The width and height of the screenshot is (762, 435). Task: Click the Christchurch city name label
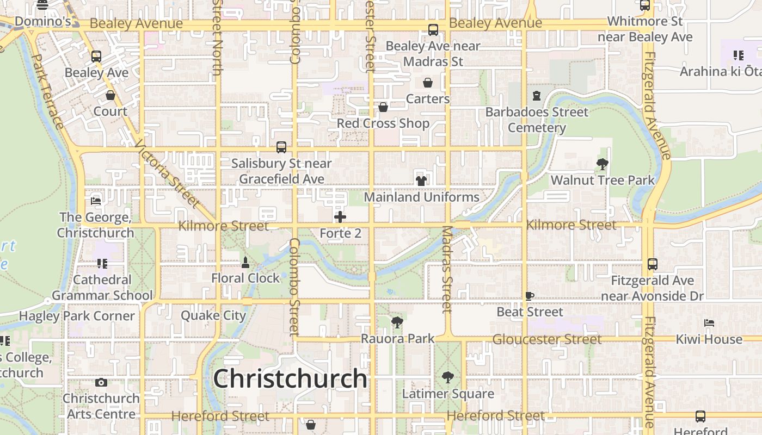tap(290, 378)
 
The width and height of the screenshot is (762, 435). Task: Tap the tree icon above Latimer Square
tap(447, 377)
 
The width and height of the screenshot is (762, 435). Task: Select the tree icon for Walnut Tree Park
tap(602, 164)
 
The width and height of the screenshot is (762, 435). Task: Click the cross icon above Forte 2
tap(340, 217)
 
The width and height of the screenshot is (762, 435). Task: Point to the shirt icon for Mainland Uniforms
tap(421, 181)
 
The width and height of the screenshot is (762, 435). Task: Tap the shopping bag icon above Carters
tap(428, 83)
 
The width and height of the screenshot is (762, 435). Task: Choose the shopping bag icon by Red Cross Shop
tap(383, 107)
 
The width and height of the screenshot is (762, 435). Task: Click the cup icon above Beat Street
tap(530, 296)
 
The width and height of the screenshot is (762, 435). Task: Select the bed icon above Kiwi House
tap(709, 323)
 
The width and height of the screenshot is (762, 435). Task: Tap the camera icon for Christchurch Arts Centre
tap(101, 382)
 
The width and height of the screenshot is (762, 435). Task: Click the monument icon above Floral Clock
tap(245, 263)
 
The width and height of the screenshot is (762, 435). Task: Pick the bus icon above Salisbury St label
tap(281, 147)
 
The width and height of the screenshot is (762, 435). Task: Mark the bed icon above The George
tap(96, 201)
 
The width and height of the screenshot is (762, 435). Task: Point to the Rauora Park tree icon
tap(397, 322)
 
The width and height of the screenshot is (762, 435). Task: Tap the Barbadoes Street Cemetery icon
tap(537, 96)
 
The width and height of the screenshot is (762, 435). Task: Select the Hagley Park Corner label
tap(77, 316)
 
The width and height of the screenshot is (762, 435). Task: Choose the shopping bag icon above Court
tap(110, 95)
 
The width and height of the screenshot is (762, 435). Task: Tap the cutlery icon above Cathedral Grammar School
tap(102, 264)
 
